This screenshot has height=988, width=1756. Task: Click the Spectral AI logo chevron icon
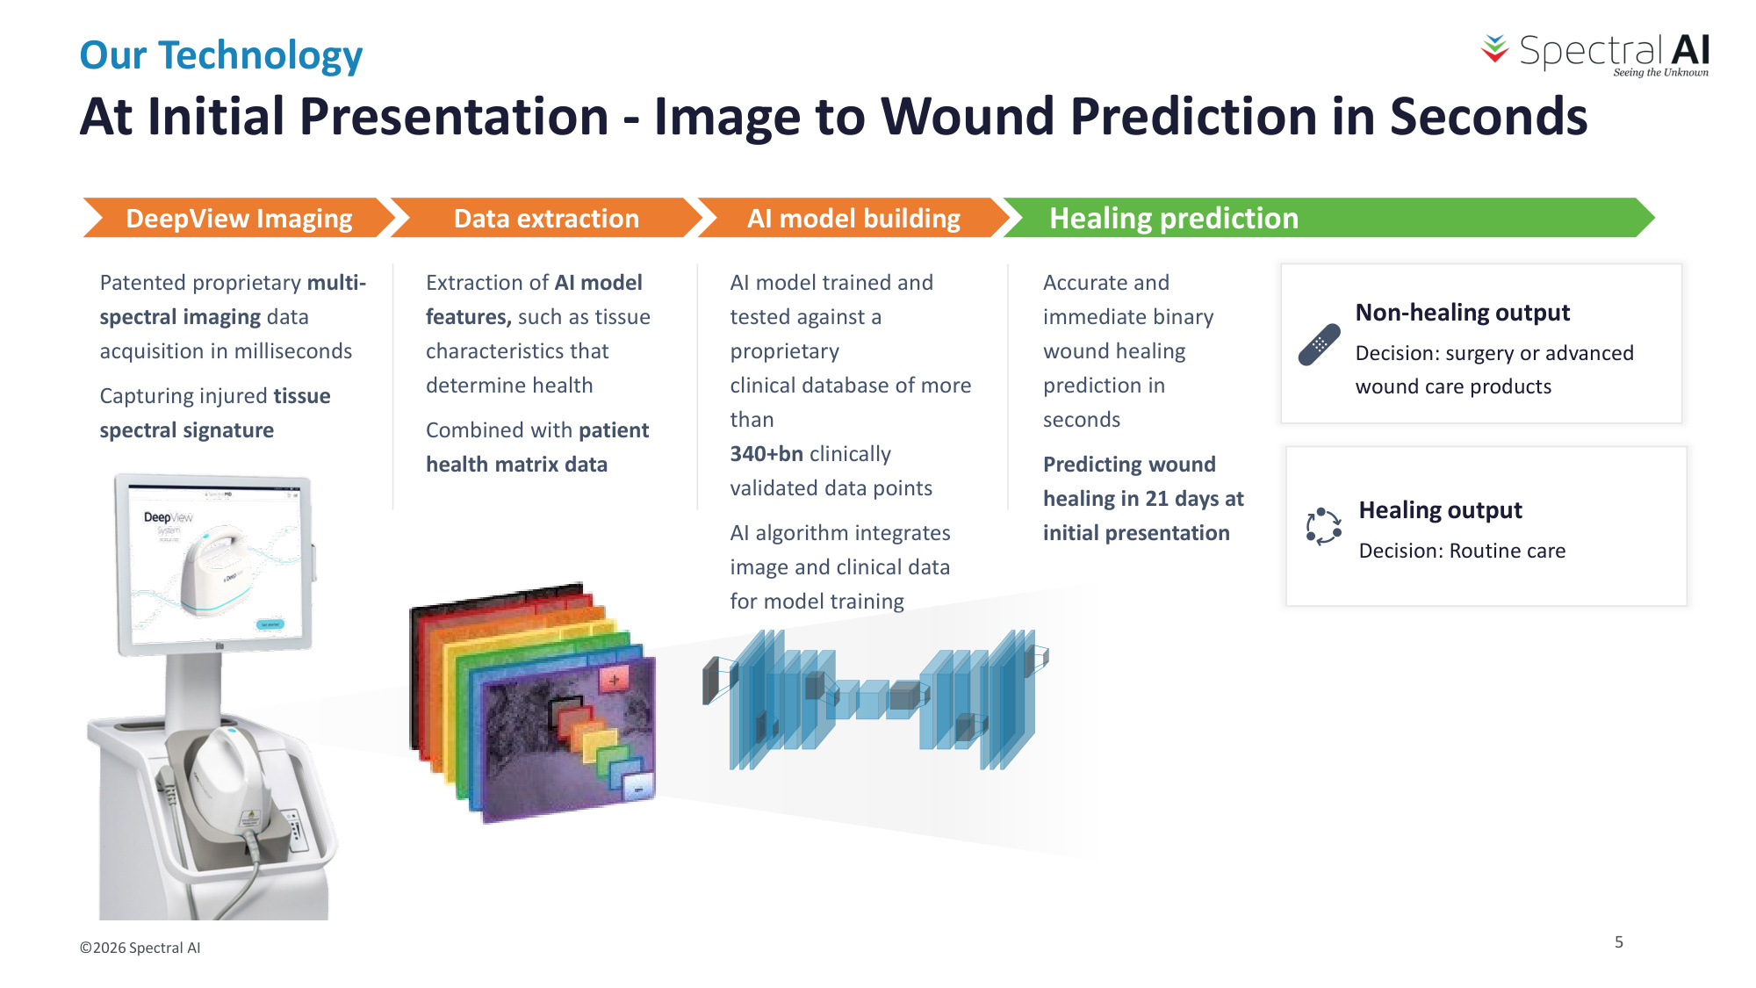tap(1494, 49)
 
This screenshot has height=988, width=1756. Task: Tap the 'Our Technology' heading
tap(221, 55)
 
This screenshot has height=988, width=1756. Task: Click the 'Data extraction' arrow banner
tap(546, 218)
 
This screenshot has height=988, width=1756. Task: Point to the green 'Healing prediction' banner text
tap(1174, 218)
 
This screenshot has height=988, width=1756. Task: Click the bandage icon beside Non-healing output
tap(1319, 345)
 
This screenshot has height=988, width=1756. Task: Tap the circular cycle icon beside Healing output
tap(1323, 527)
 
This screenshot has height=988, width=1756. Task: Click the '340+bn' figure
tap(766, 454)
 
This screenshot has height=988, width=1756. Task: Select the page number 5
tap(1619, 942)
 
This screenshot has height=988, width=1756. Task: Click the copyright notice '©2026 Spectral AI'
tap(140, 948)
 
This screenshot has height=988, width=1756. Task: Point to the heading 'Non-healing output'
tap(1463, 313)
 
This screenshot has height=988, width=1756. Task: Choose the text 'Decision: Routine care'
tap(1462, 551)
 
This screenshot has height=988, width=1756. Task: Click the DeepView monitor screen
tap(215, 565)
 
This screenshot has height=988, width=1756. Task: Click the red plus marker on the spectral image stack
tap(614, 679)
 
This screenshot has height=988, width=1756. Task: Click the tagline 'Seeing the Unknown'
tap(1660, 73)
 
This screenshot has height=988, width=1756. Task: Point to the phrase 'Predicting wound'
tap(1129, 465)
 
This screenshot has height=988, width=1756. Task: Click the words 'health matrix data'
tap(516, 465)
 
